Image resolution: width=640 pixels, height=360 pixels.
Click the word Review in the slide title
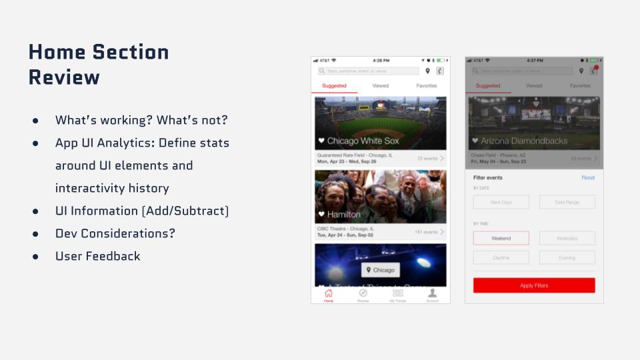coord(64,77)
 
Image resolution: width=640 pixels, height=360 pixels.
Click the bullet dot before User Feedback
coord(35,257)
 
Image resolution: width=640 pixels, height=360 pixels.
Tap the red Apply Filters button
coord(534,285)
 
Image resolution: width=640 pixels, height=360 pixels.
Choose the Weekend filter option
coord(501,238)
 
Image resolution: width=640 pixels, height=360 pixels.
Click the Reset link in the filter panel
coord(587,178)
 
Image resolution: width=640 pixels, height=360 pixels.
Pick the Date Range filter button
coord(567,202)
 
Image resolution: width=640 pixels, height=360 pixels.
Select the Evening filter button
coord(567,257)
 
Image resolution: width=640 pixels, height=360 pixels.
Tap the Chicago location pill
coord(380,270)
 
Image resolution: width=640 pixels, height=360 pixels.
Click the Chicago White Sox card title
coord(363,141)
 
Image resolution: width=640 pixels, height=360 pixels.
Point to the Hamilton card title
coord(343,214)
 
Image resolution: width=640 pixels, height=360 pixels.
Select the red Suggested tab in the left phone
coord(334,86)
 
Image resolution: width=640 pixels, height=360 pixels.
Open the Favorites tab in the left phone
coord(427,86)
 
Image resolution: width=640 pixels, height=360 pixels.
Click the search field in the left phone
coord(369,71)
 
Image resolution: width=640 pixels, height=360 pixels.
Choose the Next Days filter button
coord(501,202)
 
